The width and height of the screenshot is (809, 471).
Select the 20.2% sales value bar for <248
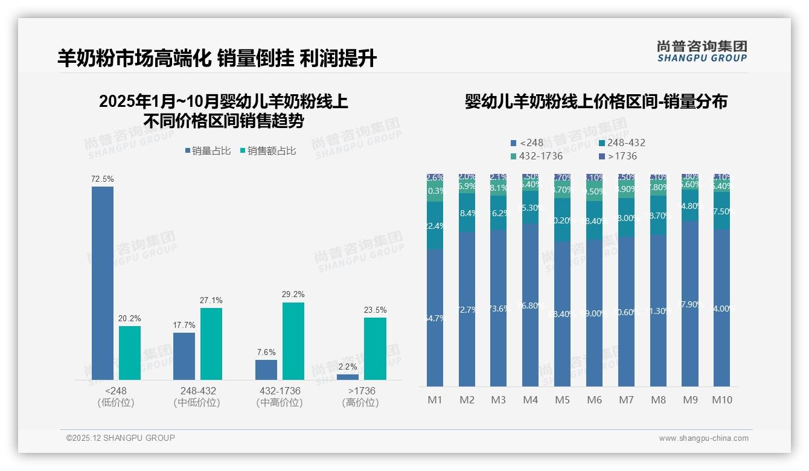click(x=130, y=353)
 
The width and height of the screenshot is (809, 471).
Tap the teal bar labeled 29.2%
click(x=293, y=341)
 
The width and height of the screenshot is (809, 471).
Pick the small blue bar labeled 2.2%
click(x=348, y=377)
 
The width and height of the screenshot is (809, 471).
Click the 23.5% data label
click(x=375, y=310)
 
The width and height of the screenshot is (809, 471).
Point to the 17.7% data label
click(x=184, y=325)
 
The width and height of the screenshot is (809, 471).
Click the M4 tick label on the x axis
click(x=530, y=400)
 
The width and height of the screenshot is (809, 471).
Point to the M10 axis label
click(x=721, y=400)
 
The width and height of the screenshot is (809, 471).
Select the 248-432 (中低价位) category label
click(x=197, y=396)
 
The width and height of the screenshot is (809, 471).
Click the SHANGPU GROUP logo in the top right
click(x=702, y=51)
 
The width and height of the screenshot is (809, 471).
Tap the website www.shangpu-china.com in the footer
click(x=703, y=438)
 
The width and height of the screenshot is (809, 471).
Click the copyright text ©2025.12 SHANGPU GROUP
click(x=121, y=438)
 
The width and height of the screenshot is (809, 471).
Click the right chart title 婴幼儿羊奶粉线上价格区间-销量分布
click(x=596, y=101)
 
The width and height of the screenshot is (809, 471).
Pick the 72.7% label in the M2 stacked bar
click(x=467, y=310)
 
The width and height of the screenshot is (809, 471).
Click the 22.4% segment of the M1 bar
click(x=435, y=226)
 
